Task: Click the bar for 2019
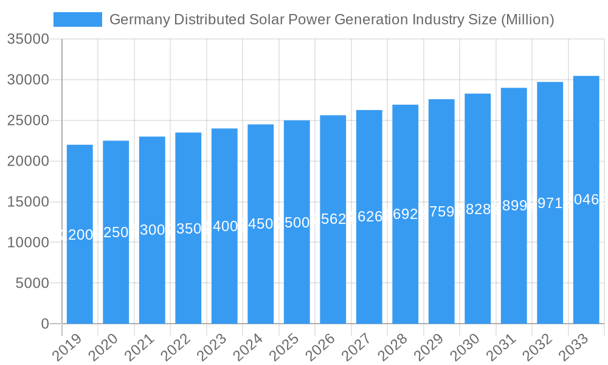click(x=80, y=234)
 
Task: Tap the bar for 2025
click(x=297, y=222)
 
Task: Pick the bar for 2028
click(x=406, y=214)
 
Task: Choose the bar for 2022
click(x=188, y=228)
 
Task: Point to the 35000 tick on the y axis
click(x=28, y=40)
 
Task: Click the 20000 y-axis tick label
click(x=28, y=161)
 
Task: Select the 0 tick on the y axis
click(x=45, y=324)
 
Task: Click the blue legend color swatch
click(x=78, y=19)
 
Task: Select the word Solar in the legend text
click(x=268, y=19)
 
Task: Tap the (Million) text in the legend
click(x=527, y=19)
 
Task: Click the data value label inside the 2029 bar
click(x=442, y=212)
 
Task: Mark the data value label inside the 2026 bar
click(x=333, y=219)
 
